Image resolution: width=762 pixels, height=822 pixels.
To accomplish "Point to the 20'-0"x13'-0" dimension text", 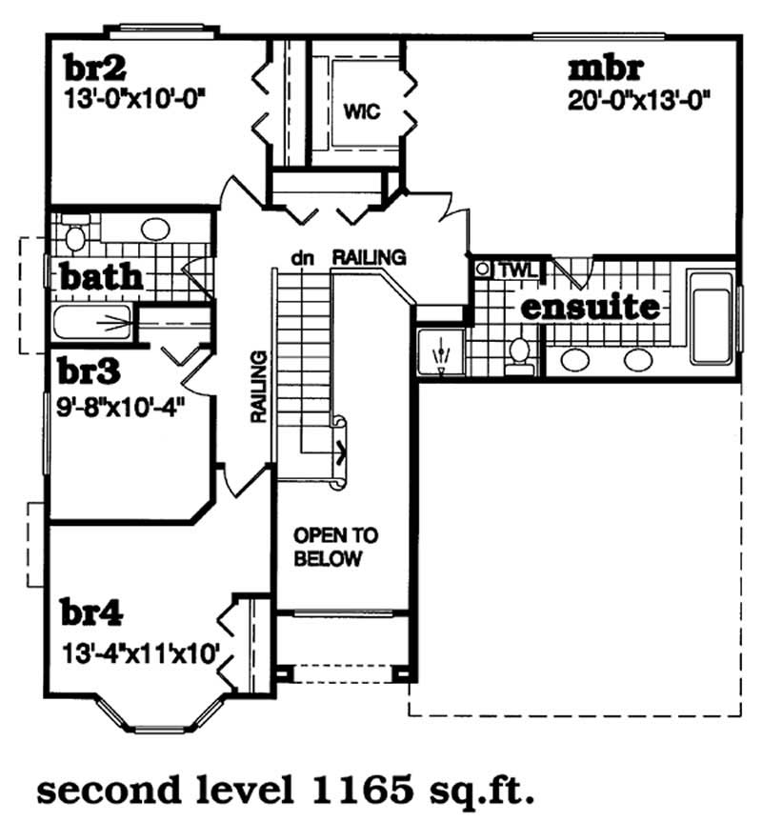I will point(641,98).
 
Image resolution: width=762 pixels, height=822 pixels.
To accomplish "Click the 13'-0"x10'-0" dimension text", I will point(135,96).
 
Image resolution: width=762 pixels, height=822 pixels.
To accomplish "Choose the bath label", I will point(101,278).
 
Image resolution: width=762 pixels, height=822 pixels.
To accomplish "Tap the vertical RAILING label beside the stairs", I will point(257,387).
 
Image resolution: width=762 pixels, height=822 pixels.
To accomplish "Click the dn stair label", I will point(304,257).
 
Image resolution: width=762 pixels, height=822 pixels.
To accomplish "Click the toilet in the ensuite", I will point(520,351).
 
